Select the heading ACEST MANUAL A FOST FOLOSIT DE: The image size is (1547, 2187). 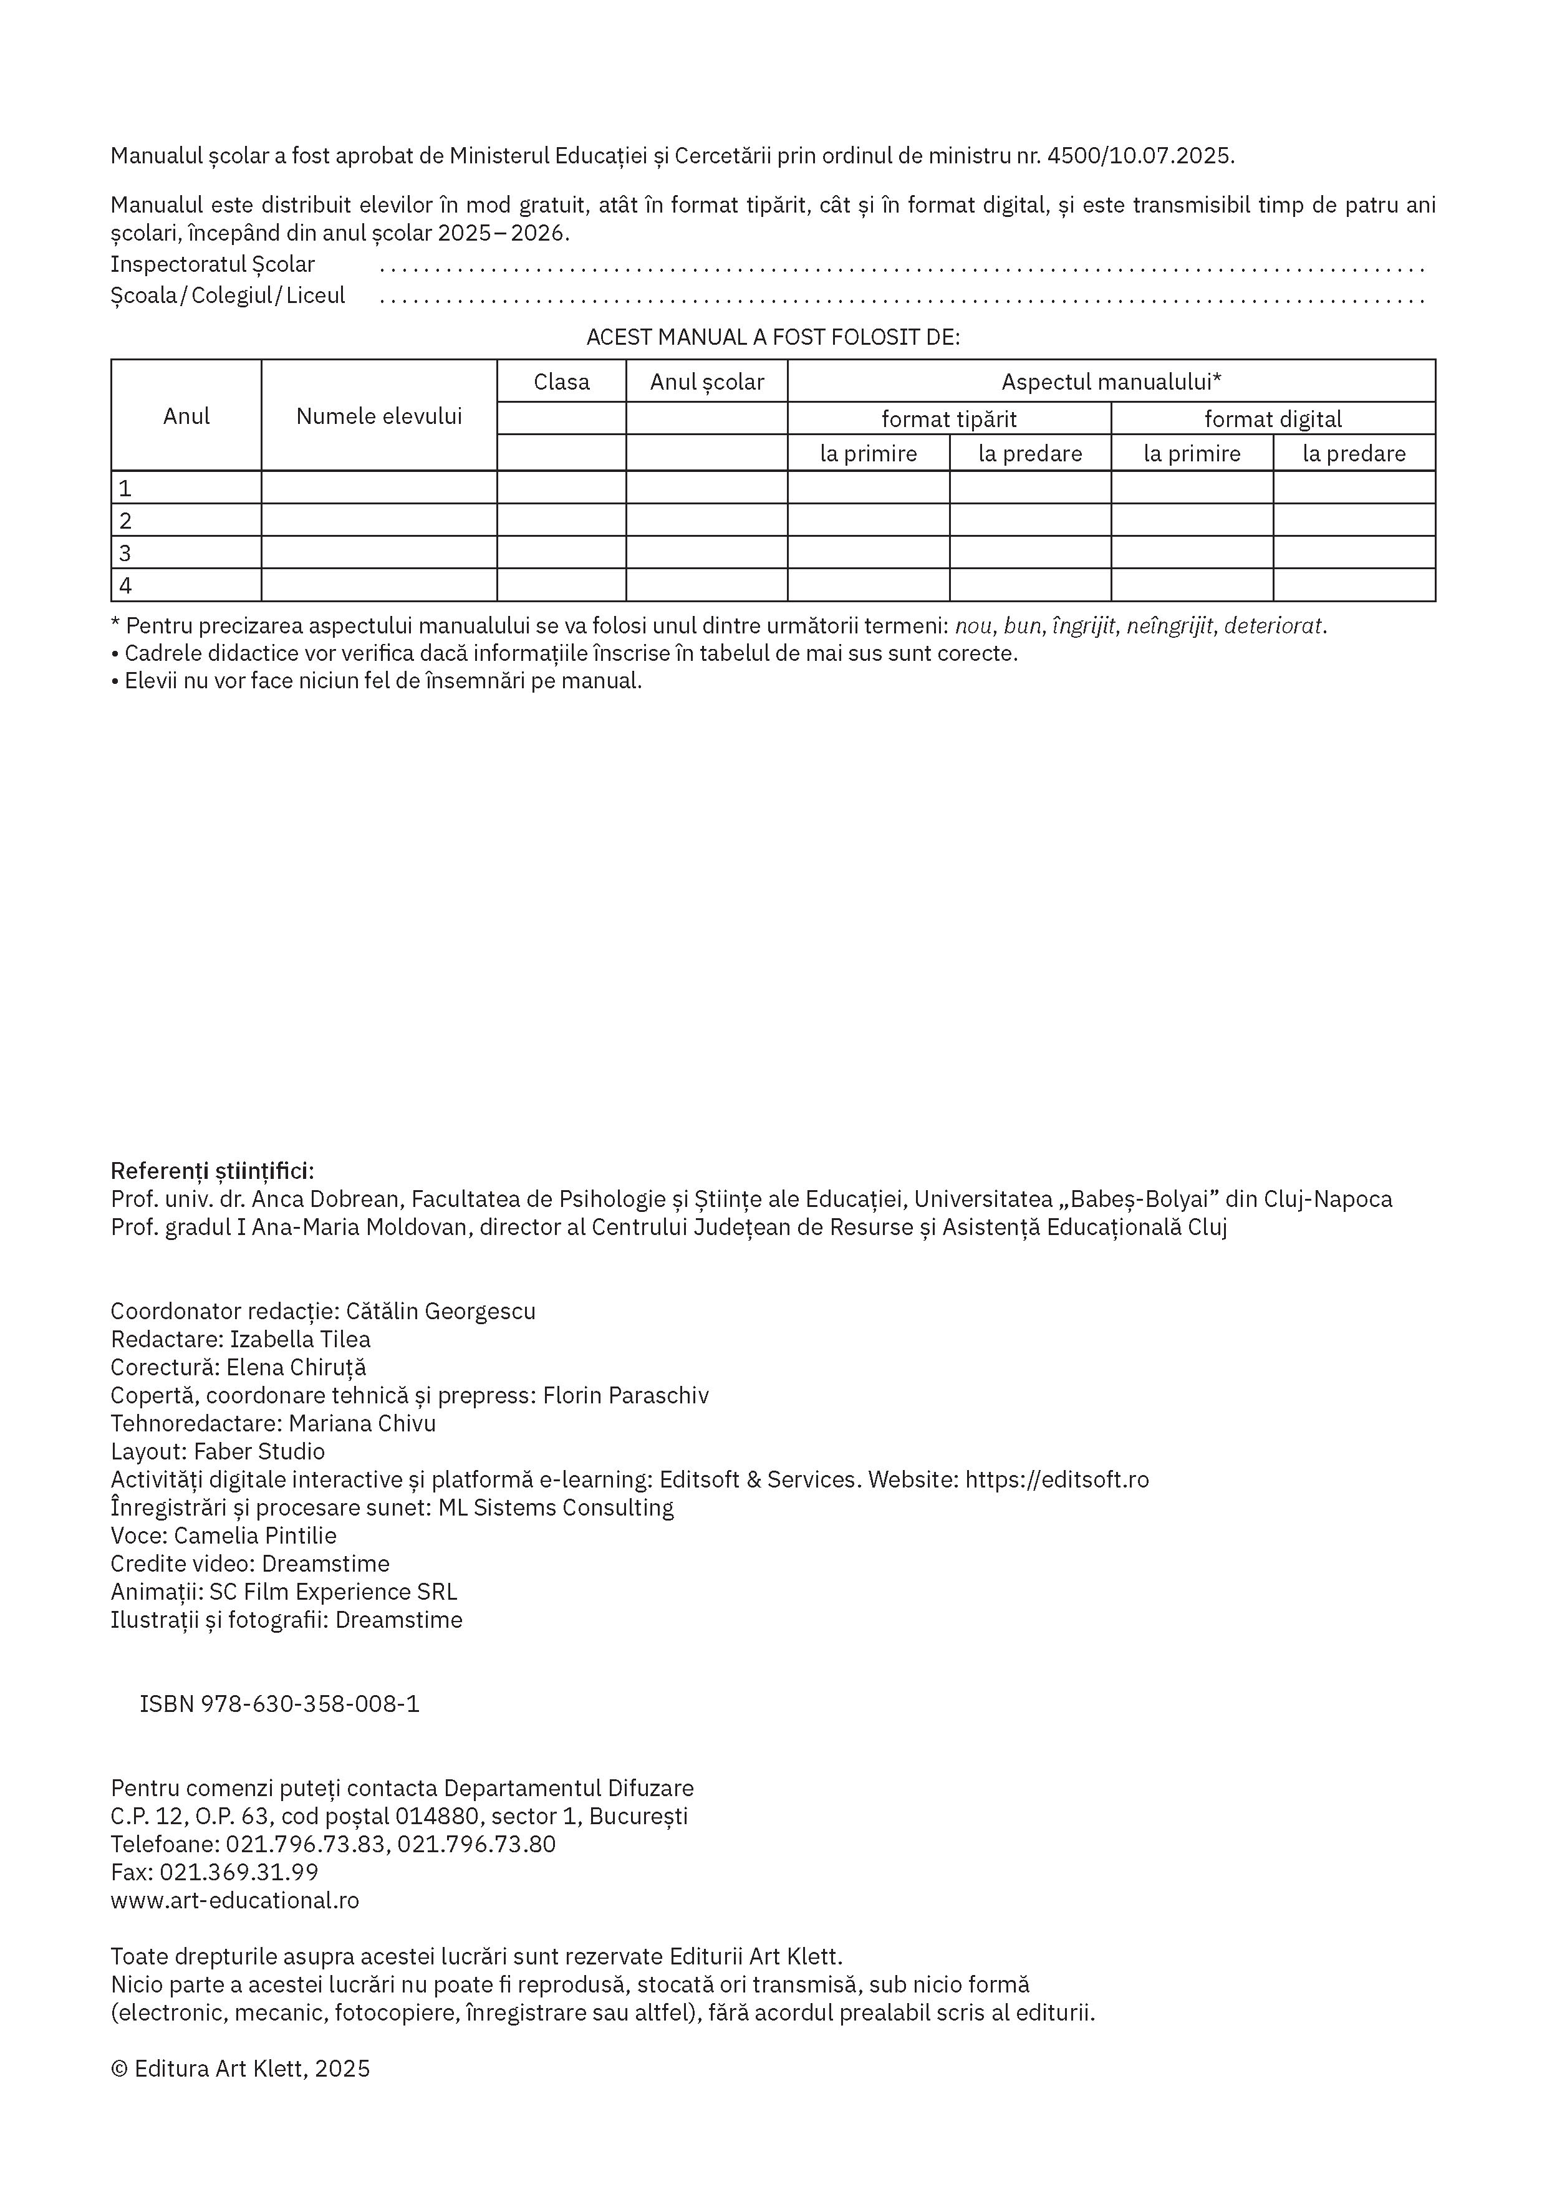click(773, 337)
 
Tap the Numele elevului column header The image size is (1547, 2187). click(379, 416)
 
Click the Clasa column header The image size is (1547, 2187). click(561, 382)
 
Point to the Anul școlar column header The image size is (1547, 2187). click(707, 382)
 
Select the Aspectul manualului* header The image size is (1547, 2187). click(1111, 382)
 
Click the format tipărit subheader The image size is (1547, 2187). click(949, 419)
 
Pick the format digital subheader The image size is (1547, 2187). click(1273, 419)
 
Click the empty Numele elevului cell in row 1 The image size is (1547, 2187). click(379, 488)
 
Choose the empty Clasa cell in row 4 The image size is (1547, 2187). click(561, 585)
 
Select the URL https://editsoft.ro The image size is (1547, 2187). click(1058, 1479)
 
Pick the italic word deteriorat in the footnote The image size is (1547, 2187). click(1275, 627)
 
